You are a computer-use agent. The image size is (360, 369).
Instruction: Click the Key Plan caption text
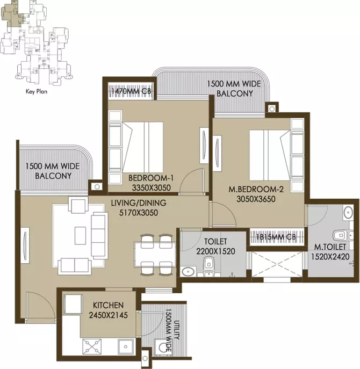tap(37, 91)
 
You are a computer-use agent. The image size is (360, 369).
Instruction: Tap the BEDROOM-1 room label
tap(151, 178)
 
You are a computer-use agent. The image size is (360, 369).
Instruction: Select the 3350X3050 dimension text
tap(151, 188)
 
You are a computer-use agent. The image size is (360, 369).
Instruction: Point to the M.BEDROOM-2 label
tap(256, 189)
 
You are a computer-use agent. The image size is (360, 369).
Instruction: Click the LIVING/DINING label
tap(139, 203)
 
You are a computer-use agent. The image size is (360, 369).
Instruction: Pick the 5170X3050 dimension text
tap(139, 213)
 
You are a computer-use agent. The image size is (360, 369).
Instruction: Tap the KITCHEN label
tap(109, 305)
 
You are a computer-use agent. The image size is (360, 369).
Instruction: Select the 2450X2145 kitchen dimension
tap(109, 315)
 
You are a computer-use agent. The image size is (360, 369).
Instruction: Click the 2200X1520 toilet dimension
tap(215, 251)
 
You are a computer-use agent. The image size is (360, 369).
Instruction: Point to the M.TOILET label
tap(330, 247)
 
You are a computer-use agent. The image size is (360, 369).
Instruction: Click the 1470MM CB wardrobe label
tap(131, 91)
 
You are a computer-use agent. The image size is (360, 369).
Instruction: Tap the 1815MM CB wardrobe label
tap(276, 237)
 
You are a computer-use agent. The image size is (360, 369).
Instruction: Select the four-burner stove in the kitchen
tap(92, 346)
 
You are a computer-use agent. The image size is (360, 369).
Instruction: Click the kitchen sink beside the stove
tap(126, 346)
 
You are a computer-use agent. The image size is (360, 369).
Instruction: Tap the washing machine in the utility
tap(162, 346)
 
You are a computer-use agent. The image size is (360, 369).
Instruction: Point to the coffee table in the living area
tap(80, 236)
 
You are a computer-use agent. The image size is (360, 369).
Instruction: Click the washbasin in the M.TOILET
tap(348, 213)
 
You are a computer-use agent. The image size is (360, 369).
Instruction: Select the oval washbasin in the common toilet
tap(188, 272)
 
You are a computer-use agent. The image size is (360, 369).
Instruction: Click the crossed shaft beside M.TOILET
tap(277, 264)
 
